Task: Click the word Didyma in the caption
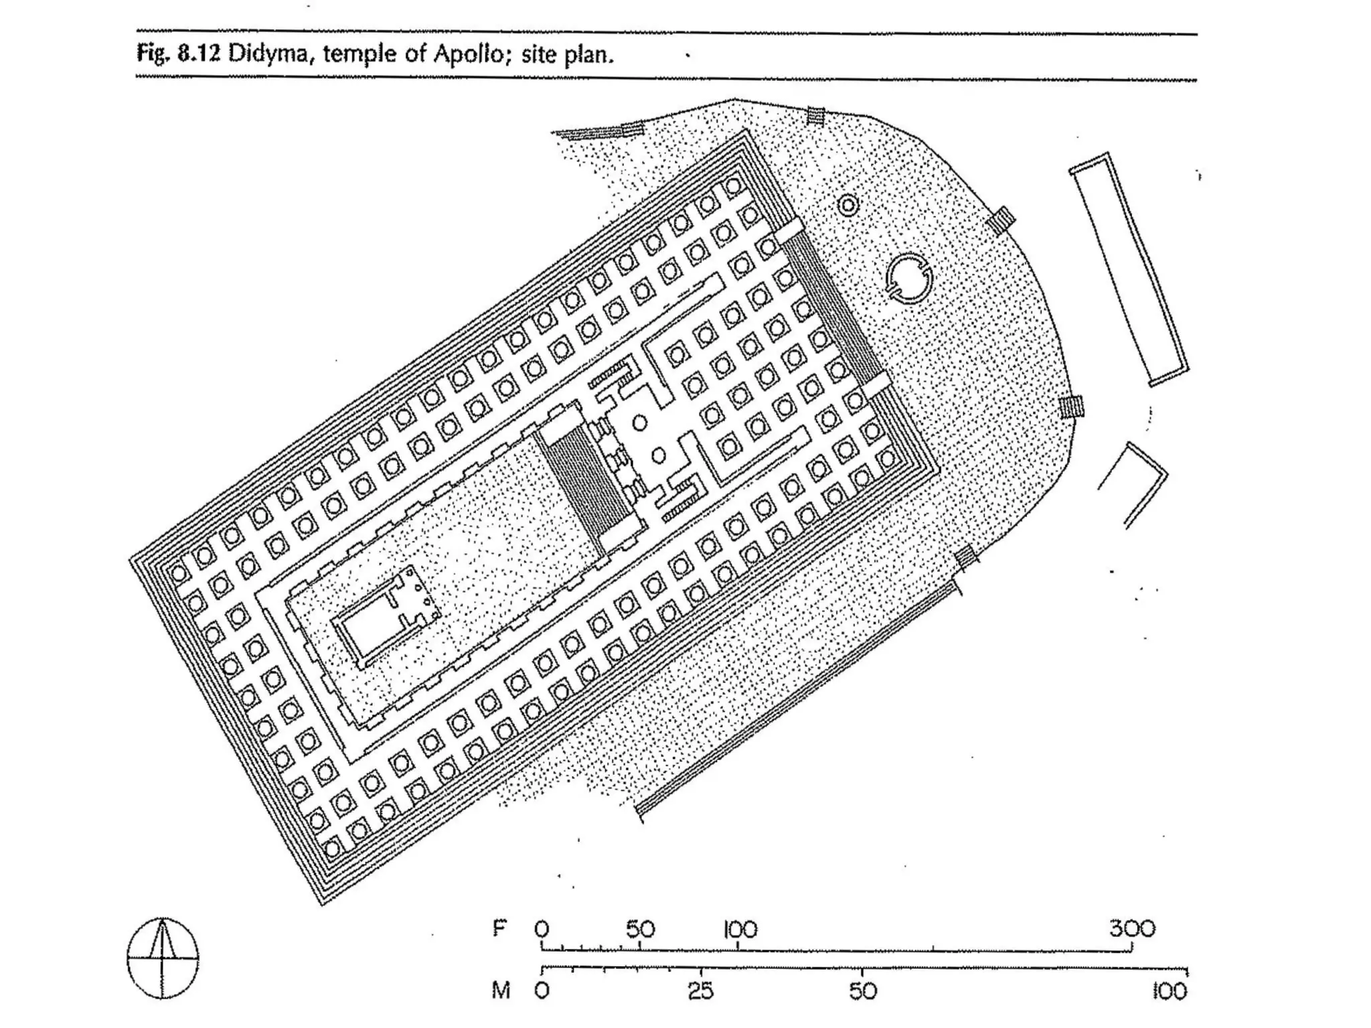[x=270, y=54]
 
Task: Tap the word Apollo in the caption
[x=467, y=54]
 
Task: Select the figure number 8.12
[x=199, y=54]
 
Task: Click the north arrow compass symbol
[x=163, y=958]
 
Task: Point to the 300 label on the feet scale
[x=1132, y=929]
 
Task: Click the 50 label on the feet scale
[x=640, y=929]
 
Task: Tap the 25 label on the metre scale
[x=700, y=990]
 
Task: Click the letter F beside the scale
[x=499, y=929]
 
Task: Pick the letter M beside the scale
[x=501, y=990]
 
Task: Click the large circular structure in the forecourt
[x=908, y=278]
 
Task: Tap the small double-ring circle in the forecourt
[x=848, y=204]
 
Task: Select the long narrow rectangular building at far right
[x=1129, y=270]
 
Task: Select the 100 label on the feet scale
[x=740, y=929]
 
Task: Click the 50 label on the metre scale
[x=862, y=990]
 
